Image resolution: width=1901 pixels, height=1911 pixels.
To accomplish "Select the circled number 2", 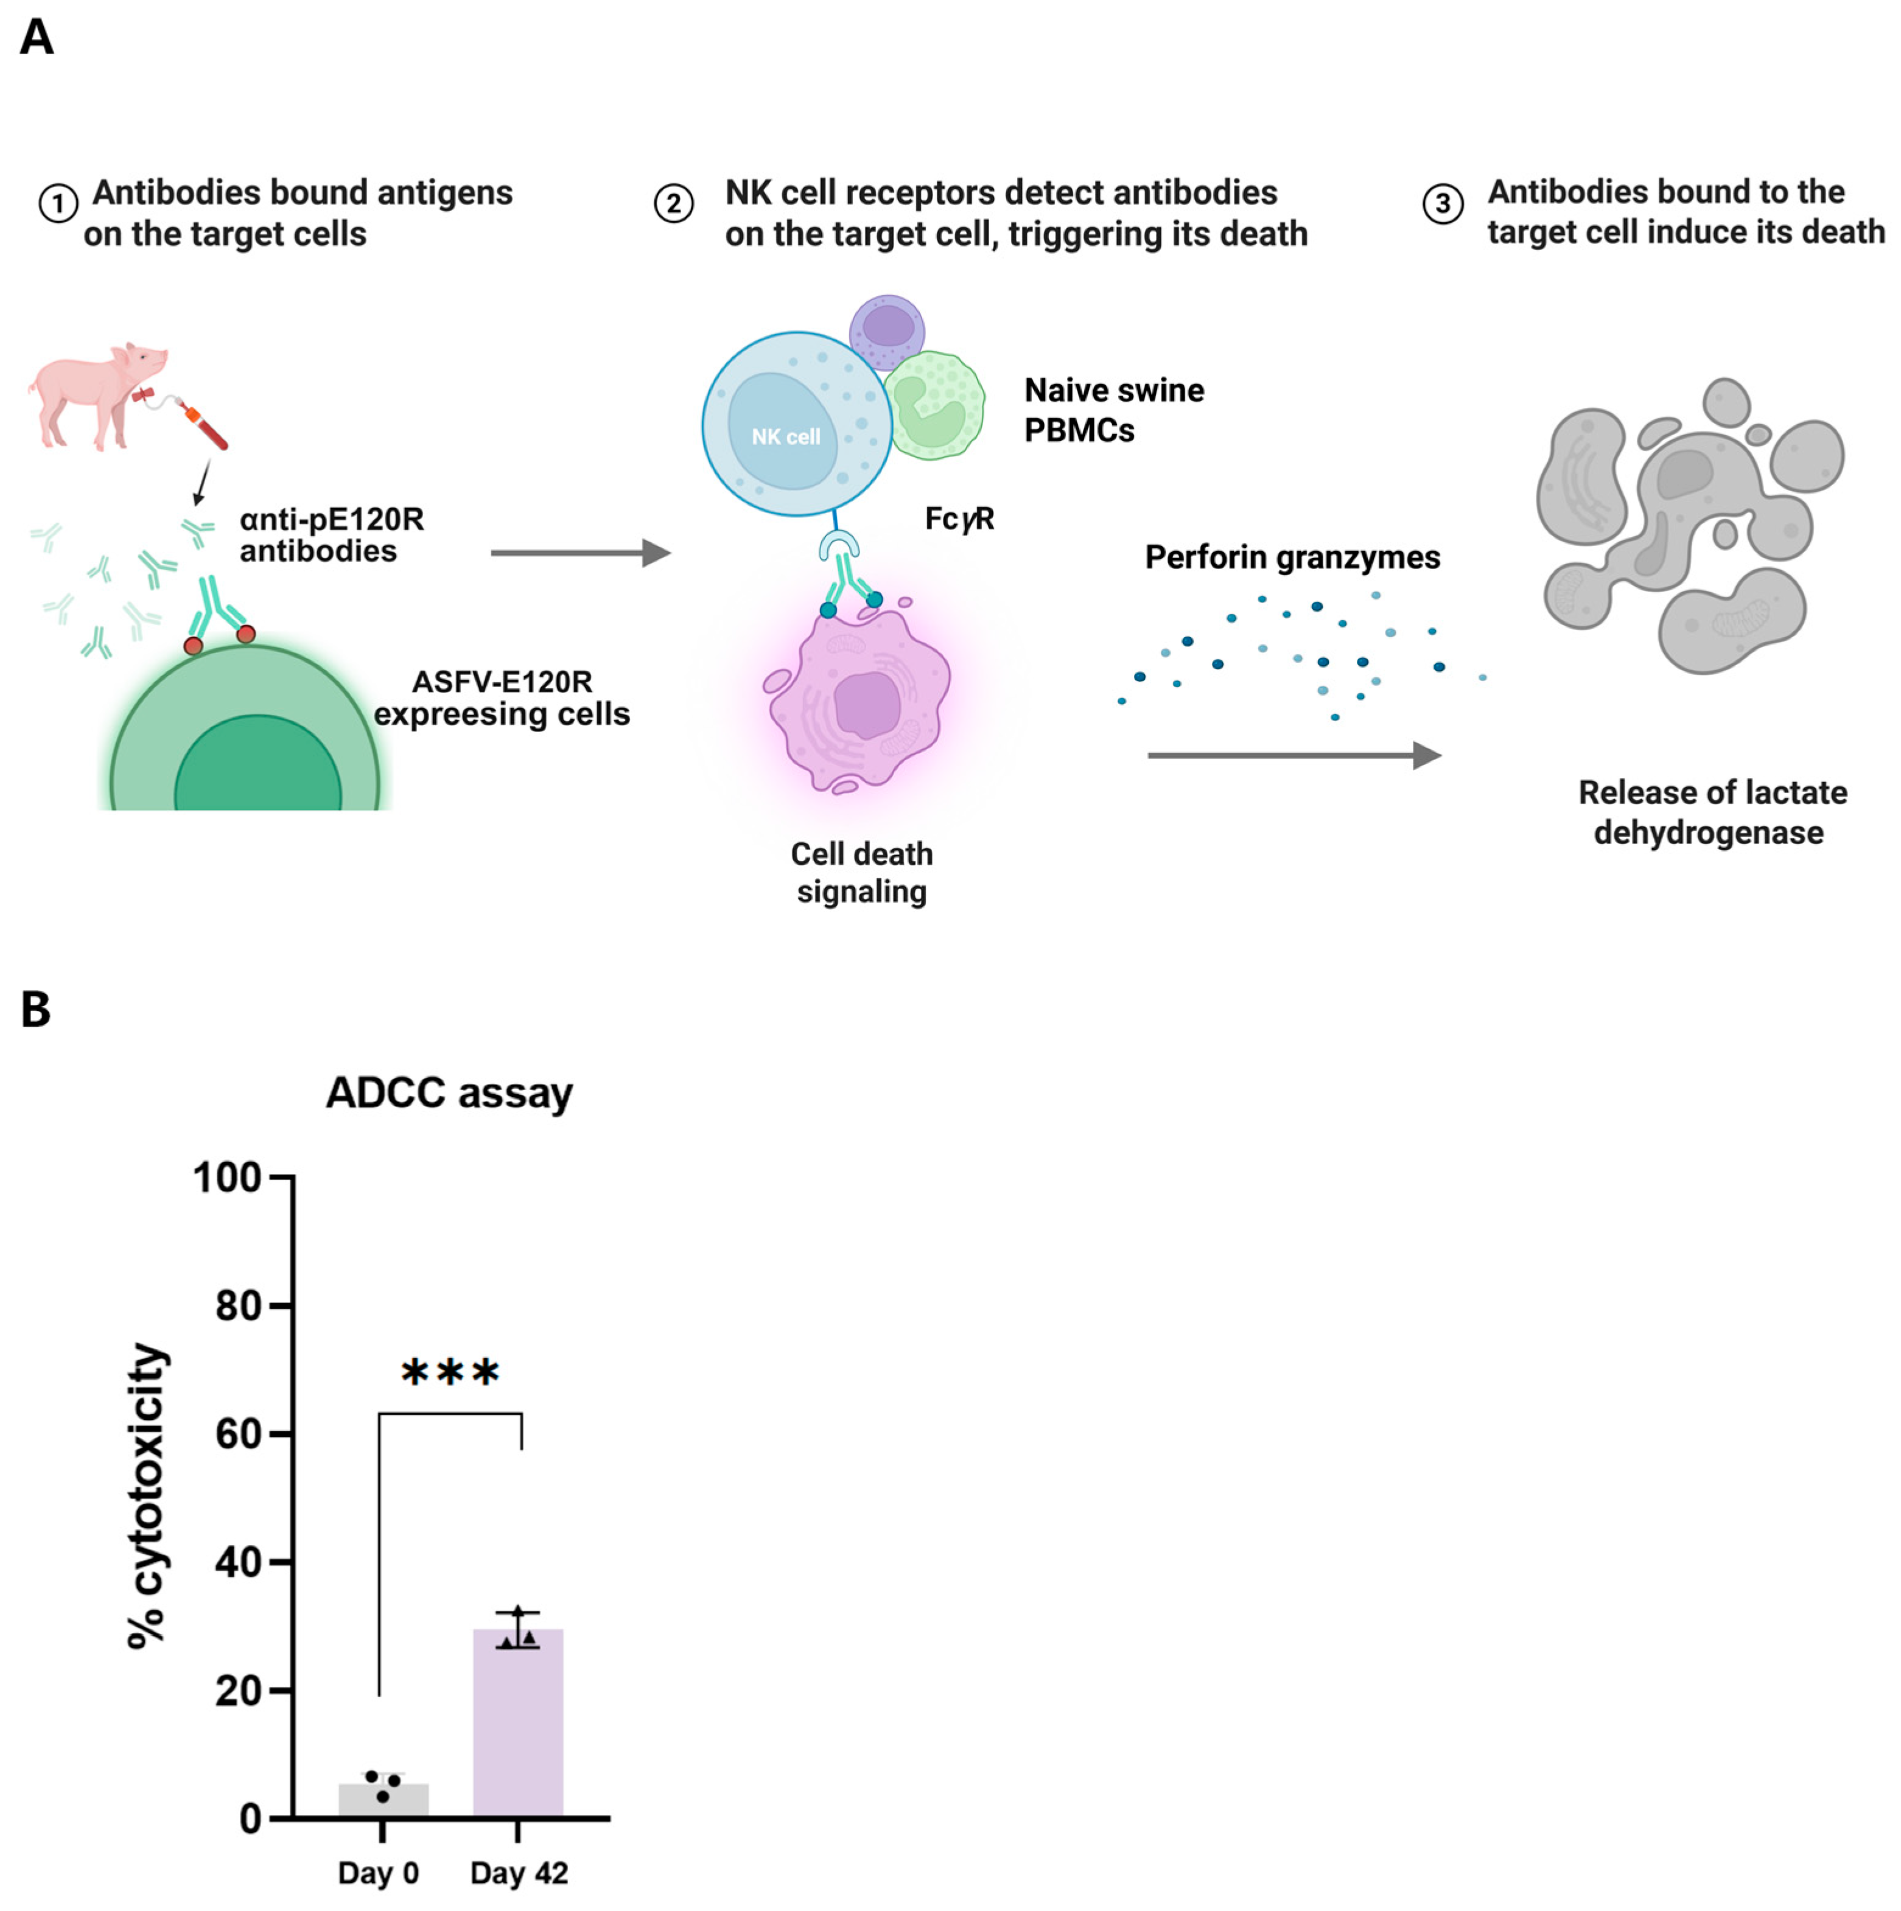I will coord(674,204).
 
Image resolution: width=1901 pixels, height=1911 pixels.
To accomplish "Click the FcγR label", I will coord(958,519).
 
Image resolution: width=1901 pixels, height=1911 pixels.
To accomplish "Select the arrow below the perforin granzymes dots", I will coord(1293,756).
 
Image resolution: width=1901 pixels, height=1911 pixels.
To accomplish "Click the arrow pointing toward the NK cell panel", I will coord(581,553).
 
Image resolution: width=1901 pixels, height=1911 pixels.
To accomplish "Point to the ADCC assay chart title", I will coord(449,1093).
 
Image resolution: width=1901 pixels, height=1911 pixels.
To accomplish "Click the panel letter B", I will coord(35,1010).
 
